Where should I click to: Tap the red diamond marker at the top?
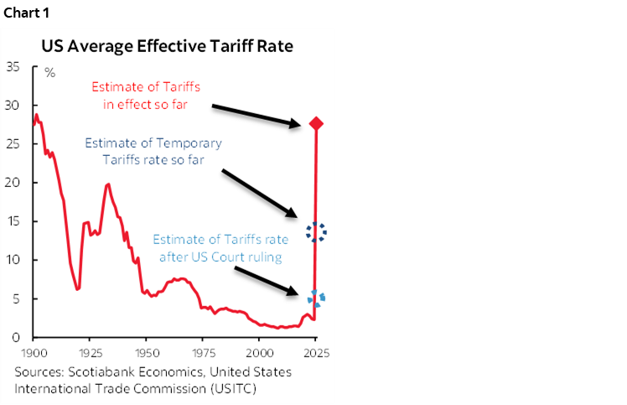click(x=316, y=124)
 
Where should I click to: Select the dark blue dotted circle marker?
click(x=316, y=232)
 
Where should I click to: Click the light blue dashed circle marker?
click(x=317, y=298)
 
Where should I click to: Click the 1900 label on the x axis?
click(x=34, y=352)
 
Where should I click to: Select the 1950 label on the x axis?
click(x=147, y=352)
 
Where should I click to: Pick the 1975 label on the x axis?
click(x=203, y=352)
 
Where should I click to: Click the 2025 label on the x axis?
click(x=316, y=352)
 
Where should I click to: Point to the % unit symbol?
click(x=49, y=73)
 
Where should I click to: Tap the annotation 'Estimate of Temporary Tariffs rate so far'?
click(x=146, y=151)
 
